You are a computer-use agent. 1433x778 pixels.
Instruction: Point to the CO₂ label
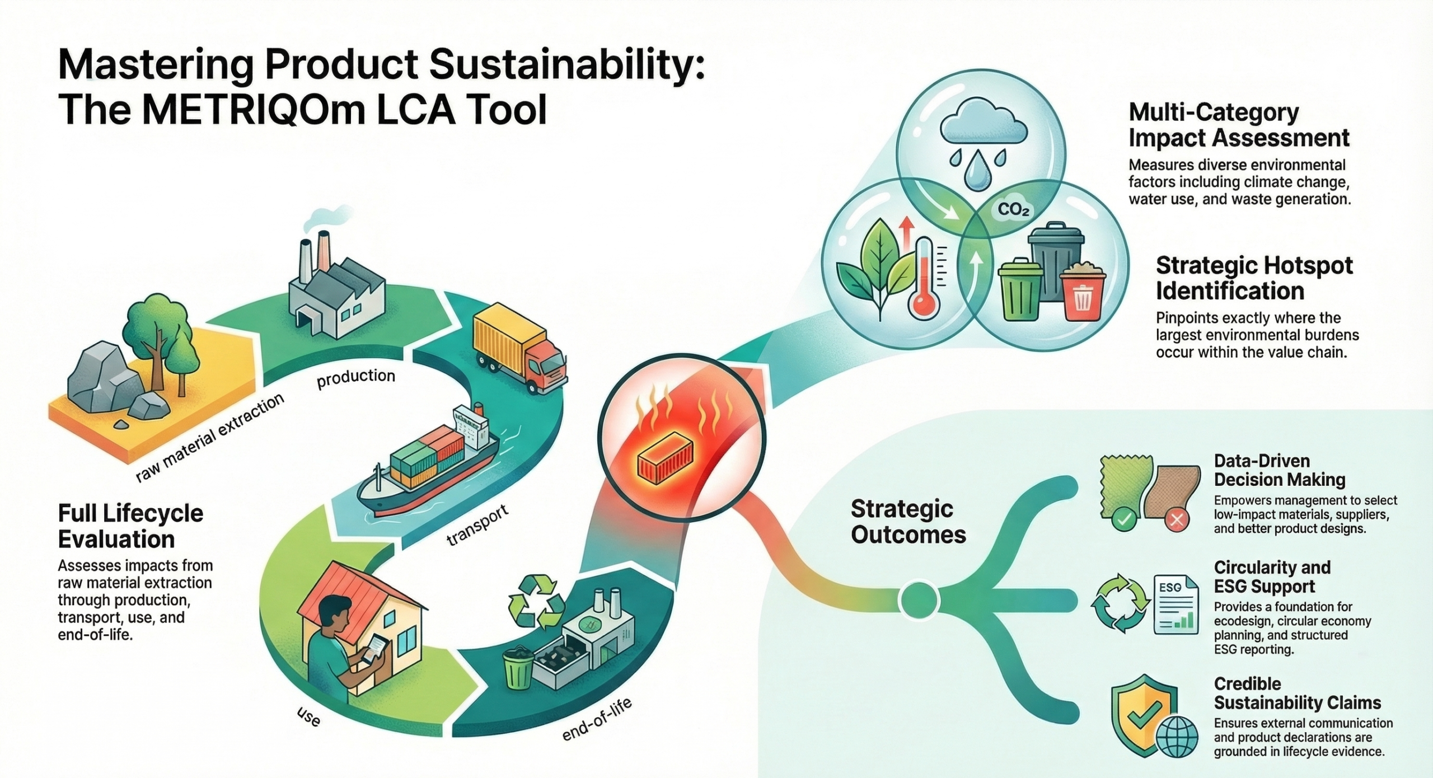coord(1014,210)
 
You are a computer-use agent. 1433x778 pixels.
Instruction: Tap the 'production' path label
coord(356,378)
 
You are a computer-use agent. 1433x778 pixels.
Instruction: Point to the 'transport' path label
coord(477,524)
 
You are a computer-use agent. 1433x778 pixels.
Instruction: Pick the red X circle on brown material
coord(1177,521)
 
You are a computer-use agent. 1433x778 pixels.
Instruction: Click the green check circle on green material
coord(1123,520)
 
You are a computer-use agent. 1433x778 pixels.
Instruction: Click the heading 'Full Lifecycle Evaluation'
coord(131,526)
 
